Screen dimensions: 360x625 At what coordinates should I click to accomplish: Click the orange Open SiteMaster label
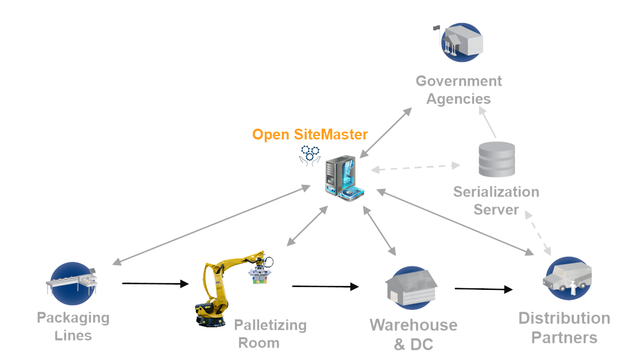310,134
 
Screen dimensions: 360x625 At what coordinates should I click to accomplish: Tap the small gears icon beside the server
309,155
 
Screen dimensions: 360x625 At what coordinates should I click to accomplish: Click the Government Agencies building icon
461,42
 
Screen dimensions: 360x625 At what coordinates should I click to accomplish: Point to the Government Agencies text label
458,90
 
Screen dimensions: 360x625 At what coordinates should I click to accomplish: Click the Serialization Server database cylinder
496,160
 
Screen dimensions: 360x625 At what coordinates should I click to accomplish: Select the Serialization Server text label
496,200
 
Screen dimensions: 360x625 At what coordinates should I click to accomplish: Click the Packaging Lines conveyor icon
72,282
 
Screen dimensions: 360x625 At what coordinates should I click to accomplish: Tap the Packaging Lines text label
73,326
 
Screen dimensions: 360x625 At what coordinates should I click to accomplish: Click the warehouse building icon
411,284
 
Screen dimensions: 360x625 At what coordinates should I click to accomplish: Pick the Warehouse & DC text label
413,334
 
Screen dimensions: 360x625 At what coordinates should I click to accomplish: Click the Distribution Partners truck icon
568,278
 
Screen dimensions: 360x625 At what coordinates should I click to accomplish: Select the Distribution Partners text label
564,327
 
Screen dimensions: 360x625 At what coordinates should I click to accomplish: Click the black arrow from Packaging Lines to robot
155,284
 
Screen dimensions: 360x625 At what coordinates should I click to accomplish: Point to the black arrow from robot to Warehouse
326,286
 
